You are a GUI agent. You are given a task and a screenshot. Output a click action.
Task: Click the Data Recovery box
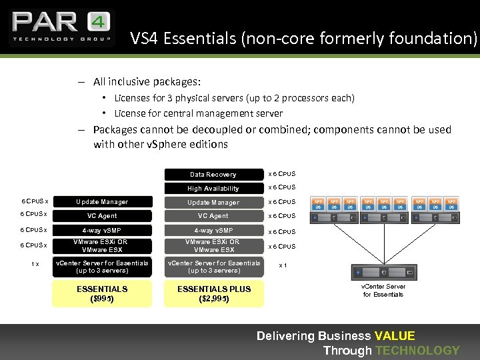click(213, 174)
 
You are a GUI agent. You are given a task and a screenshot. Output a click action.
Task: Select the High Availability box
click(213, 188)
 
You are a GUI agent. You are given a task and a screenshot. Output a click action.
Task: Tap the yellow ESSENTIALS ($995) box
click(102, 293)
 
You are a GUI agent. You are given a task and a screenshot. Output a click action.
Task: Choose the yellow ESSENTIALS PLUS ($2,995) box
click(214, 293)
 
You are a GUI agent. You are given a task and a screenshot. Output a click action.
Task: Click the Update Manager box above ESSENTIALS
click(102, 202)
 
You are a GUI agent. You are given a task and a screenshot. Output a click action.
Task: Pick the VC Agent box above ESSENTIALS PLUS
click(213, 216)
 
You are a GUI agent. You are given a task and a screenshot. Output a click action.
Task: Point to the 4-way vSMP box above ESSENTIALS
click(102, 231)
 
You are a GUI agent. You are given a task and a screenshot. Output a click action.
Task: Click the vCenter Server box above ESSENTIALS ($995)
click(102, 267)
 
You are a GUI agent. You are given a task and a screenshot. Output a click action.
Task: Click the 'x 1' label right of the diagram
click(283, 265)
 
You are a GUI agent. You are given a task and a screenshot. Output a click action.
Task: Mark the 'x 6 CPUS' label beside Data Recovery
click(281, 174)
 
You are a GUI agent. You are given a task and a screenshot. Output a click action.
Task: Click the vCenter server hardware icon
click(383, 273)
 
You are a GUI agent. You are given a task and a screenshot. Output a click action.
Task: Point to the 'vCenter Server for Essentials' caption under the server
click(383, 290)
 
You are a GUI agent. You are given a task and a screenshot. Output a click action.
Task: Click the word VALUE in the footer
click(395, 336)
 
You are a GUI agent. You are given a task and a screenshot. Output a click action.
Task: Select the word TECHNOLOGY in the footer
click(417, 351)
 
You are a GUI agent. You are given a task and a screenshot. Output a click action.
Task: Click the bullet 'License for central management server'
click(198, 113)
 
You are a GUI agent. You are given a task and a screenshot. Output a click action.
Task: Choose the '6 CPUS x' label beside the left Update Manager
click(35, 201)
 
